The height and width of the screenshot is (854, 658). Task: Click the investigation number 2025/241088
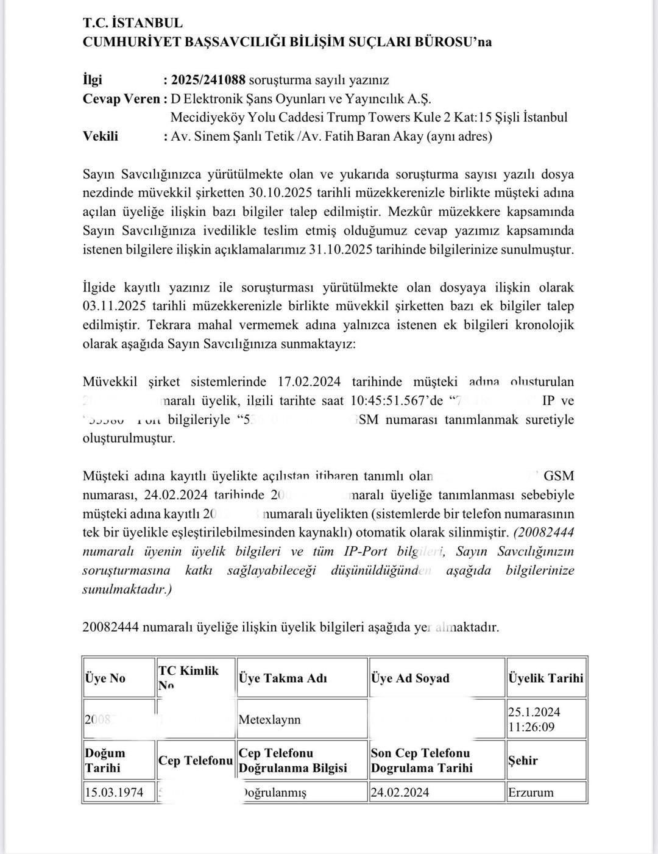(x=208, y=80)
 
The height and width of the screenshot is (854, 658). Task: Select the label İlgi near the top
(x=93, y=80)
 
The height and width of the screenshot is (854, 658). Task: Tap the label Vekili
(x=101, y=136)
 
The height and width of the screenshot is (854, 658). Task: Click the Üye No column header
(x=105, y=678)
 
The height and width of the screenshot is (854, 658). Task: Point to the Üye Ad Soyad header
(x=410, y=678)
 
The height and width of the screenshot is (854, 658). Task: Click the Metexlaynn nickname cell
(x=269, y=719)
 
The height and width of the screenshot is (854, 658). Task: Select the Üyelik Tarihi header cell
(x=545, y=678)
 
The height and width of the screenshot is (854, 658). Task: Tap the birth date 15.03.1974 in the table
(x=115, y=792)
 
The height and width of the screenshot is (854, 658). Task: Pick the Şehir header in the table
(x=523, y=760)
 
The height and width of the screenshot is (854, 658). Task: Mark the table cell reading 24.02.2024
(x=400, y=792)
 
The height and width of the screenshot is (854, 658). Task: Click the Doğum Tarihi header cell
(x=105, y=760)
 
